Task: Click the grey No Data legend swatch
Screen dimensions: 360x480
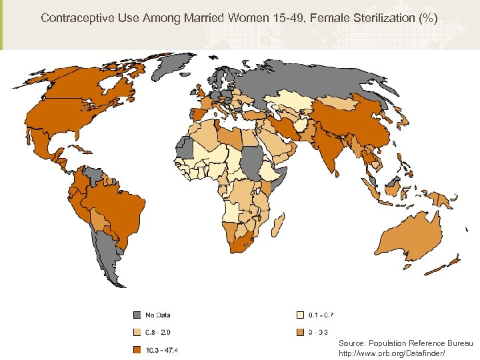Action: tap(137, 315)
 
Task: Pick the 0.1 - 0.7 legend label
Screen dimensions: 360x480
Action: tap(321, 315)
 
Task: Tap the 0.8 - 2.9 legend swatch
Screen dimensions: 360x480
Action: tap(137, 332)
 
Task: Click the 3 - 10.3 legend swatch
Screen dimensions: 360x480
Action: tap(301, 332)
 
